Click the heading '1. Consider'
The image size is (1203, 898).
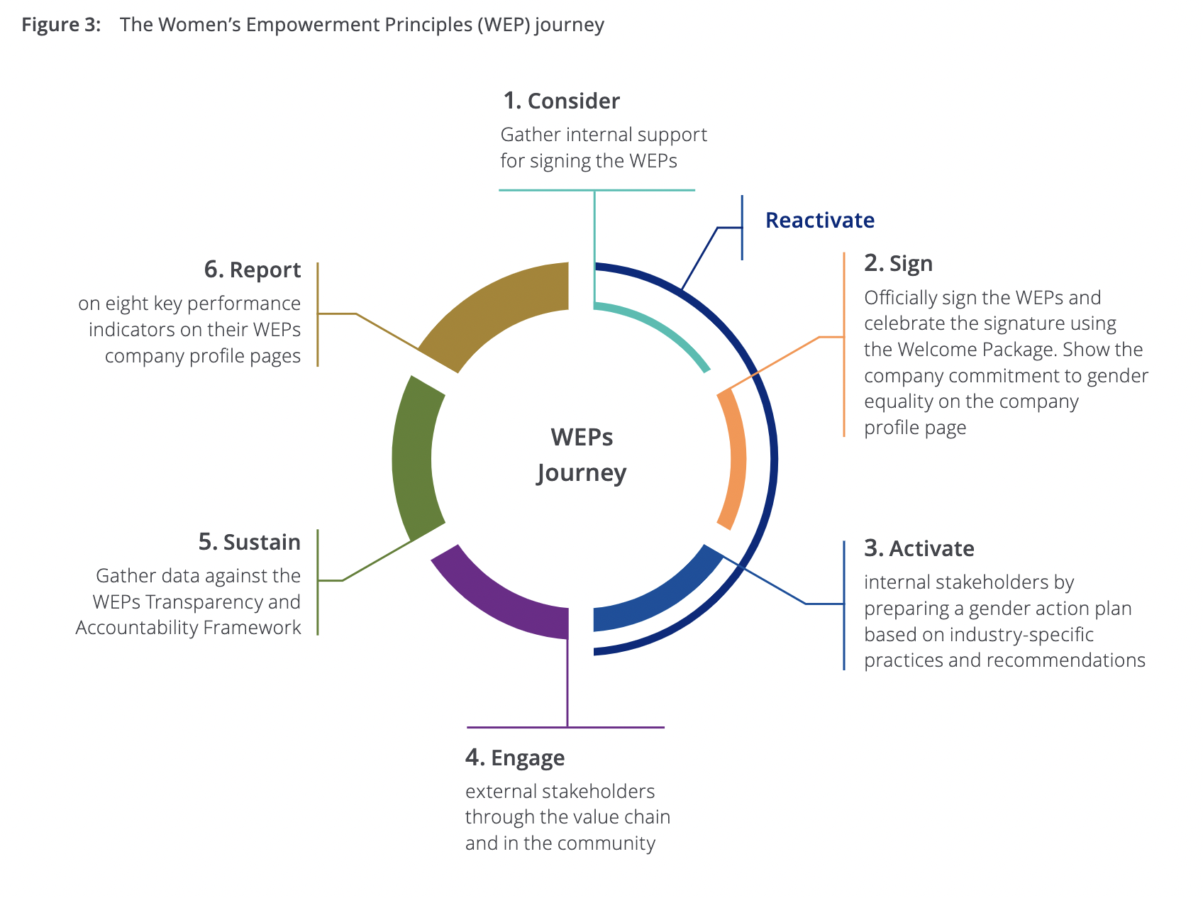point(561,101)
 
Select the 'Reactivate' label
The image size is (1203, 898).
point(819,221)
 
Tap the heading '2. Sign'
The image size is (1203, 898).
point(898,264)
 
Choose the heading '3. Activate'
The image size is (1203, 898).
point(919,549)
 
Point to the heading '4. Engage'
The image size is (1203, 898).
point(515,758)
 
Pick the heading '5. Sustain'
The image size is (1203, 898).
point(249,543)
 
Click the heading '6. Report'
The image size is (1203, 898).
point(252,270)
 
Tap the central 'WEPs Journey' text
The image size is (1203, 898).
point(582,455)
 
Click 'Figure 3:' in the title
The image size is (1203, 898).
point(61,25)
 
